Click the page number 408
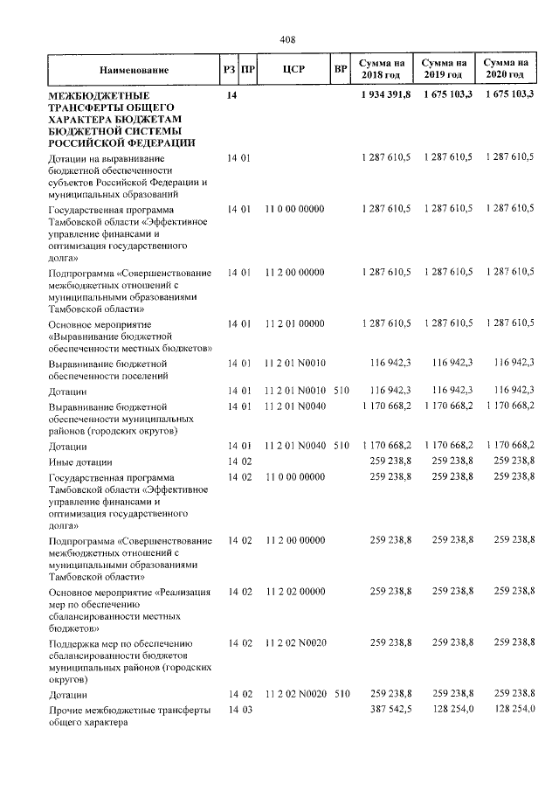click(x=287, y=39)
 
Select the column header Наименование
click(x=134, y=69)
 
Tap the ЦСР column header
click(x=293, y=69)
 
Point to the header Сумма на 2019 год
click(x=445, y=69)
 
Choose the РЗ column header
click(x=229, y=69)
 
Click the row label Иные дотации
click(x=81, y=461)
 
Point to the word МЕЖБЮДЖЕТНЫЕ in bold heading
click(x=99, y=94)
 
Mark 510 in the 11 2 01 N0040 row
click(x=341, y=446)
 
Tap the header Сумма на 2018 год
click(x=381, y=69)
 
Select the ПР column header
click(x=248, y=69)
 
